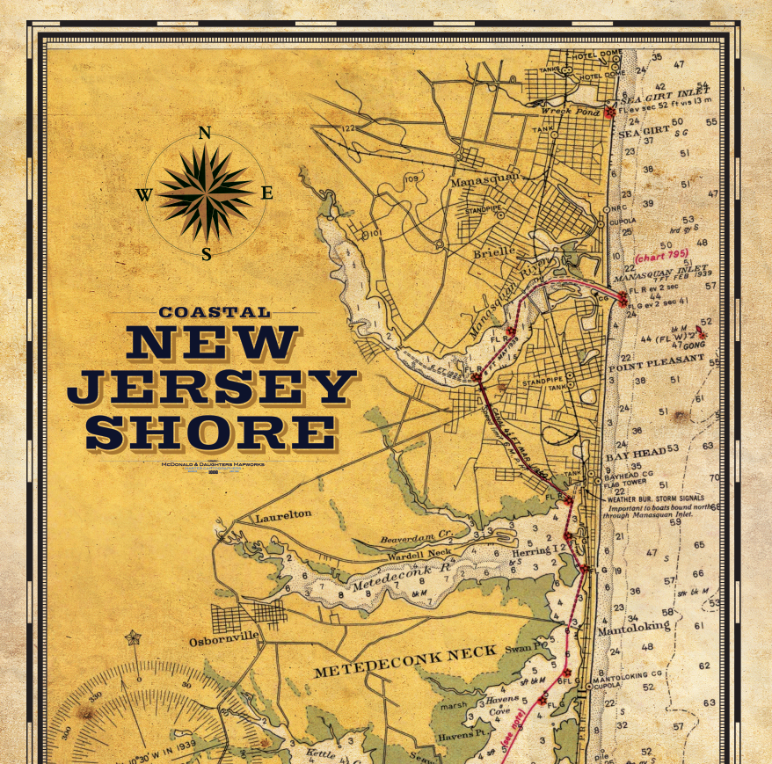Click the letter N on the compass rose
click(x=205, y=134)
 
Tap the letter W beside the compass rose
click(x=143, y=195)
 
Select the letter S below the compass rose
click(x=206, y=255)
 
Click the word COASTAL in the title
click(x=215, y=312)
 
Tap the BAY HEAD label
click(x=635, y=454)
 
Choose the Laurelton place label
click(x=283, y=518)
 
